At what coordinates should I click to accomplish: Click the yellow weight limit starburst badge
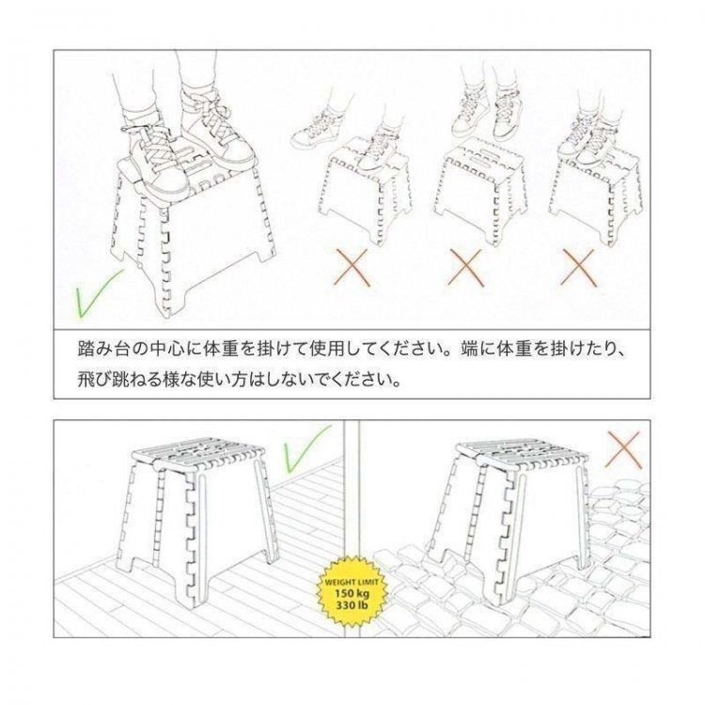pos(352,591)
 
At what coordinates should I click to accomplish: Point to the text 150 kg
pos(352,593)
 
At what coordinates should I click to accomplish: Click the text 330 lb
pos(352,604)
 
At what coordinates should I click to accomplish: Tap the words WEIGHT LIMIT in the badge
pos(352,582)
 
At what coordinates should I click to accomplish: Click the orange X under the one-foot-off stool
pos(352,267)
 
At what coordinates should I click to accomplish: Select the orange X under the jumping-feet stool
pos(466,267)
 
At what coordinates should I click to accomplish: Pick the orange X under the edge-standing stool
pos(577,267)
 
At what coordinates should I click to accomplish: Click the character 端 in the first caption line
pos(469,349)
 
